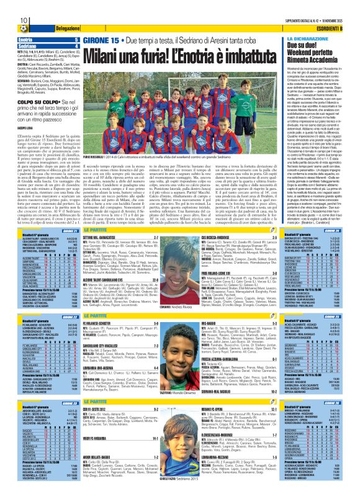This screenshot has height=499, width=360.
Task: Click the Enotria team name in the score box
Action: coord(19,39)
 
